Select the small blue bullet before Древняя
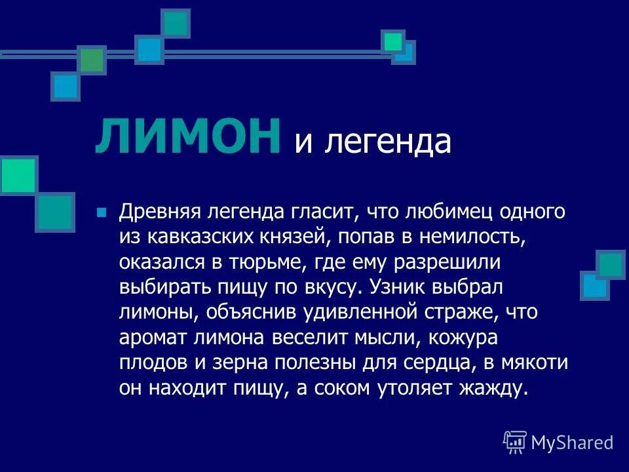tap(101, 212)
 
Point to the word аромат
tap(151, 336)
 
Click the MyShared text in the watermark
tap(572, 442)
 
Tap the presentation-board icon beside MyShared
tap(515, 442)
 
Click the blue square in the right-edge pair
tap(594, 286)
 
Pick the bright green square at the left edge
tap(18, 174)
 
